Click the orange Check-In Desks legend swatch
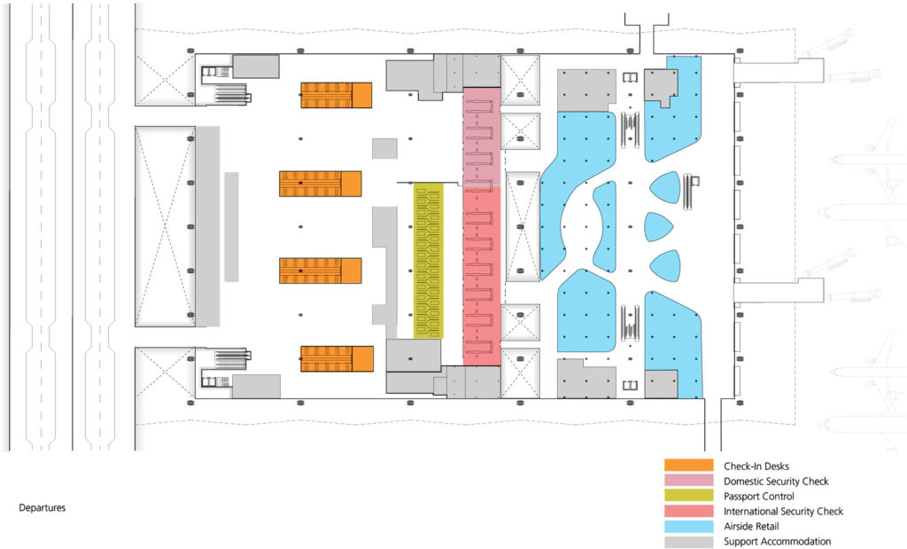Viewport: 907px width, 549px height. tap(688, 466)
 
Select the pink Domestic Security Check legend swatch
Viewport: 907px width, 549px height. tap(688, 481)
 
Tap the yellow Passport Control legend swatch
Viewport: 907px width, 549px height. tap(688, 496)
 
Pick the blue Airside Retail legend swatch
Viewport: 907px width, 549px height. tap(688, 527)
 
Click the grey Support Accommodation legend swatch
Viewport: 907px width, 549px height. tap(688, 542)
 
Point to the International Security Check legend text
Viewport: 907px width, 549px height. tap(783, 512)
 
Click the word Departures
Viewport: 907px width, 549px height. tap(43, 508)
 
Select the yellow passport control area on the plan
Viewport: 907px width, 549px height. tap(429, 261)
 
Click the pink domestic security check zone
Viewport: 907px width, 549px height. tap(482, 137)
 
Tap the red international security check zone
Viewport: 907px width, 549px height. tap(482, 276)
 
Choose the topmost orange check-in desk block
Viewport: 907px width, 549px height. tap(336, 95)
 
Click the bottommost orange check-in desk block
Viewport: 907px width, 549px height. tap(337, 359)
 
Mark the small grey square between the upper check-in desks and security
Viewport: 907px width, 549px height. tap(384, 148)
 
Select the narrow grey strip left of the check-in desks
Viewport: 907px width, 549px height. tap(231, 227)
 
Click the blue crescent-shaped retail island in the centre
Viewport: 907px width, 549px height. tap(606, 226)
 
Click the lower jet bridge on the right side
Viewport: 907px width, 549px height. tap(779, 290)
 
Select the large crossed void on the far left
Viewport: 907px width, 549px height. tap(166, 226)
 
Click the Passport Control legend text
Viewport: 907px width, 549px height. tap(759, 497)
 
